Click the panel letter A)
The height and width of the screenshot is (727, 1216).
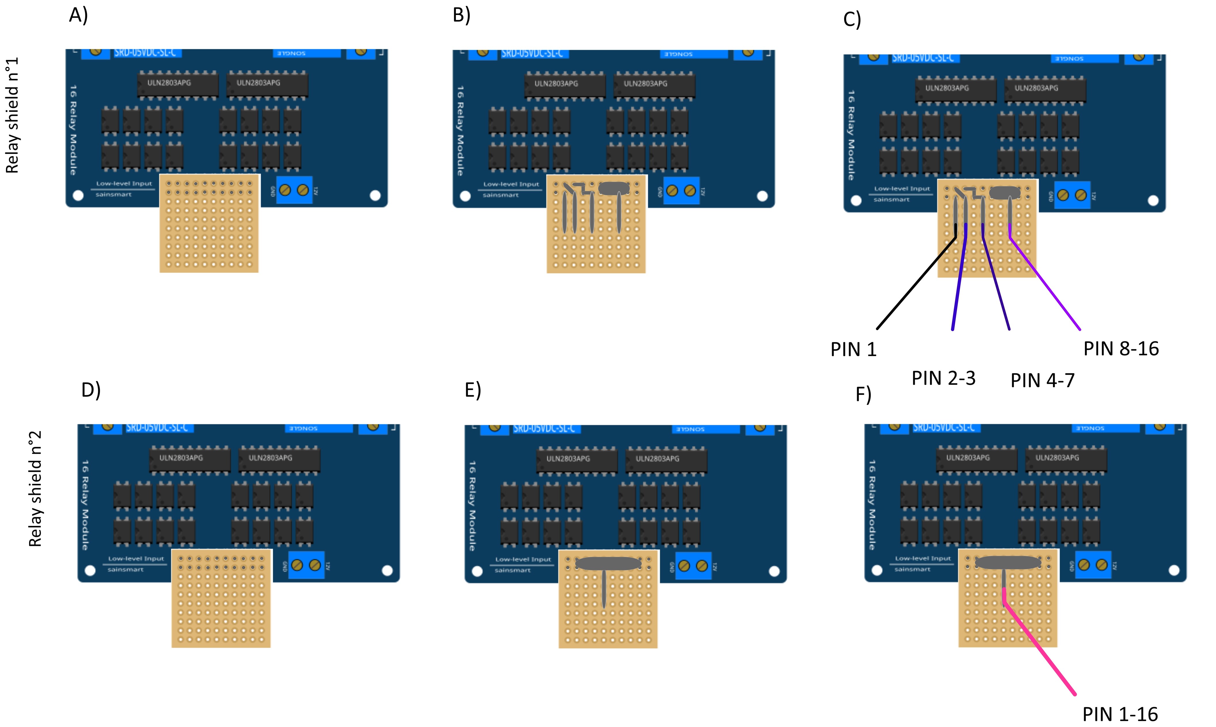(78, 15)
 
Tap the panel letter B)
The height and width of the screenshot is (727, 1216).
(461, 15)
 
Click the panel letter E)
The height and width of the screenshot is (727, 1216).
(473, 391)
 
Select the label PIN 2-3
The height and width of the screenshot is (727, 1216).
(943, 378)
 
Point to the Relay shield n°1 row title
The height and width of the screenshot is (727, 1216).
(12, 115)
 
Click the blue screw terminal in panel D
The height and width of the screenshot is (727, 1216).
(306, 565)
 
